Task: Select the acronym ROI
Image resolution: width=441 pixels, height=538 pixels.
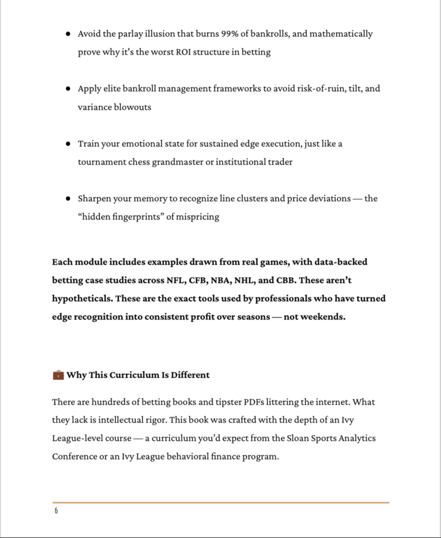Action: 183,52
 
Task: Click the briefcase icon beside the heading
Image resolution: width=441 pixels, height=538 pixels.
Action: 58,375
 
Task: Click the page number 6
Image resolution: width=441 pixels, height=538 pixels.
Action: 56,511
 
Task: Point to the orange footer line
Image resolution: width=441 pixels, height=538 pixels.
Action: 220,503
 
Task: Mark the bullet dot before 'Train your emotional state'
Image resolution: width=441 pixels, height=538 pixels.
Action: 68,144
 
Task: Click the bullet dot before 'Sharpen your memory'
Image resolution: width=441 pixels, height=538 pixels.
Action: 68,199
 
